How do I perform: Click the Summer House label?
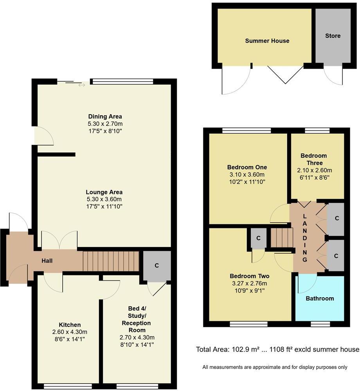click(x=267, y=41)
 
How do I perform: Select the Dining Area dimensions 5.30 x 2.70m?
click(x=105, y=124)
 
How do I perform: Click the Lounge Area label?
click(x=104, y=192)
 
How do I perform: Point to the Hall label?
click(x=47, y=261)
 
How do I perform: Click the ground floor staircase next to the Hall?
click(x=111, y=261)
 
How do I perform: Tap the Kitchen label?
click(x=70, y=325)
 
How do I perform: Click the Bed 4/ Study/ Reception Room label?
click(x=136, y=316)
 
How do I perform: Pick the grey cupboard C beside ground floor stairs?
click(x=157, y=265)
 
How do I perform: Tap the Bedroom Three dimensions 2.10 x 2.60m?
click(x=313, y=170)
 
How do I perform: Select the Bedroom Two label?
click(x=249, y=276)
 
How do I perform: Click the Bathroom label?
click(x=320, y=298)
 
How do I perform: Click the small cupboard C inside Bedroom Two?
click(x=258, y=238)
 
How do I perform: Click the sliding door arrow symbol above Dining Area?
click(x=81, y=84)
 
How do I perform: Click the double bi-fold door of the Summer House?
click(x=285, y=74)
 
